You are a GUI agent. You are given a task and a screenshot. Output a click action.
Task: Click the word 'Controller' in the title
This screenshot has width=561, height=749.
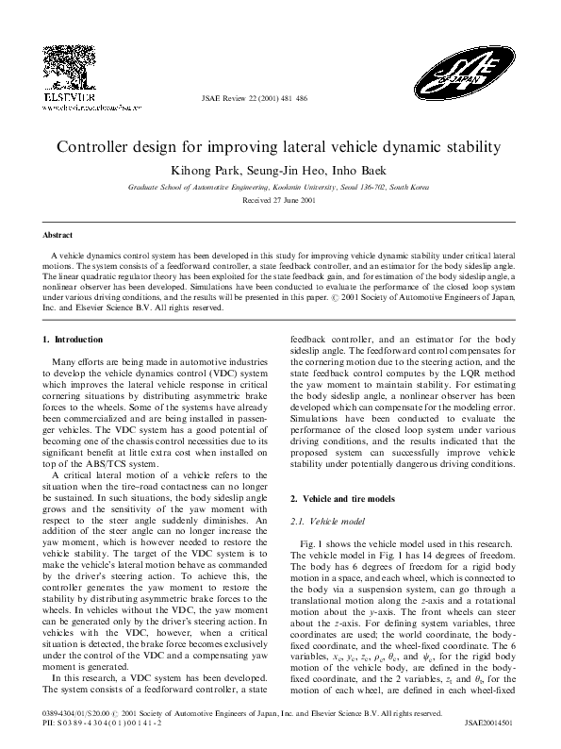click(98, 148)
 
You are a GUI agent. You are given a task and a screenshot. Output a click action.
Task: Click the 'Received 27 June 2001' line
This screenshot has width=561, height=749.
click(279, 201)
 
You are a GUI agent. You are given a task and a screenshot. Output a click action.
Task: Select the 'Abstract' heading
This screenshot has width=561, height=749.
click(60, 233)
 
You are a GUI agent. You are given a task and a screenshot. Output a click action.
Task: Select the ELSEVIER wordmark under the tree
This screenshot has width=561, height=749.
click(62, 97)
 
